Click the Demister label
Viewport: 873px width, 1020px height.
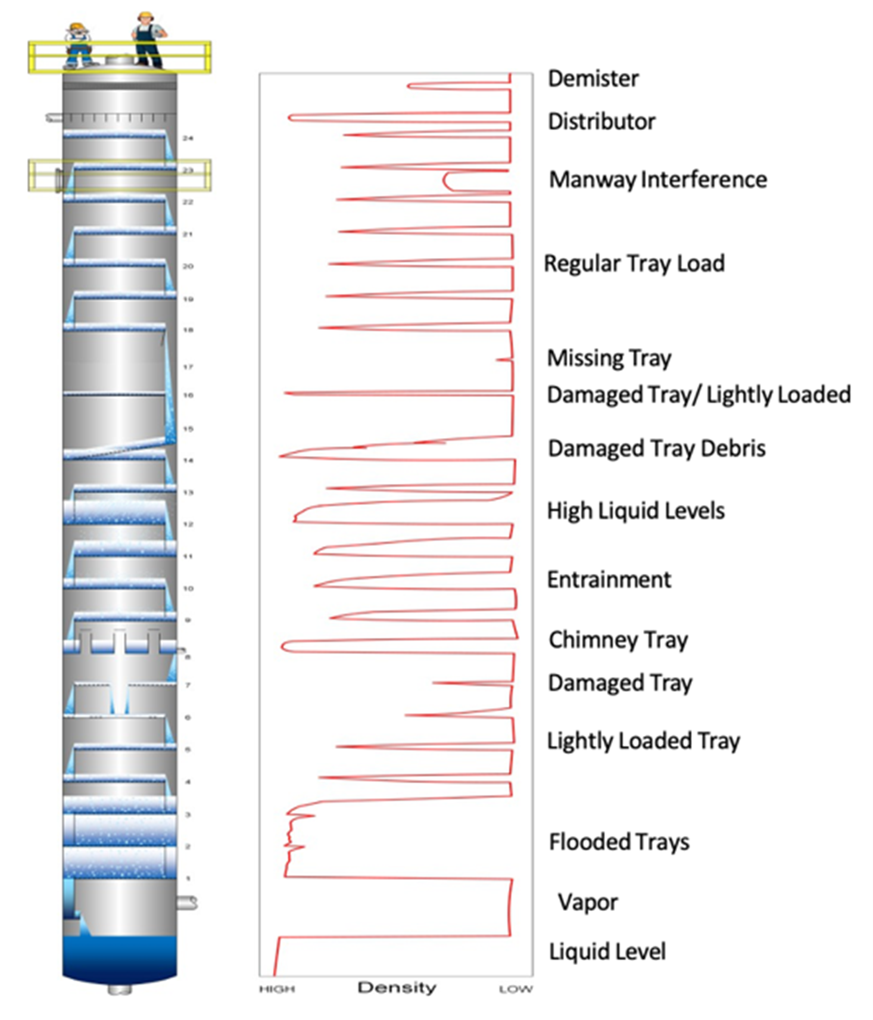click(x=593, y=79)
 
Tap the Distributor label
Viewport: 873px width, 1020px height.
click(x=601, y=122)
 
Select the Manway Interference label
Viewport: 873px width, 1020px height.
click(x=657, y=179)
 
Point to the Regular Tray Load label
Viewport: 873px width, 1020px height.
click(x=634, y=263)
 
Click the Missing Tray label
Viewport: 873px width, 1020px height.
click(x=609, y=358)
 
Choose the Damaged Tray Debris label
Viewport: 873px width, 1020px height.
click(x=656, y=449)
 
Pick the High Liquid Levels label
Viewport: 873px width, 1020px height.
click(x=635, y=511)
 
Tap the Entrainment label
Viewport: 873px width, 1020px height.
click(x=609, y=580)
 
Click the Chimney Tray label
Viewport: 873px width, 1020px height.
click(x=618, y=640)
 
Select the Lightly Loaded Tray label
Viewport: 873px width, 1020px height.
click(x=643, y=741)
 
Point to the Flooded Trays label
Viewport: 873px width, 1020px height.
click(x=619, y=842)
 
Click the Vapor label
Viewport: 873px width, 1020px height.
click(x=587, y=902)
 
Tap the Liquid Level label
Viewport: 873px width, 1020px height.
click(x=607, y=951)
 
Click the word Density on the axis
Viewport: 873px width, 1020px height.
click(x=397, y=988)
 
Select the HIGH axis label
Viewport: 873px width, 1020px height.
click(x=277, y=990)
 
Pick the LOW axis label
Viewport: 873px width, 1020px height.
click(x=515, y=990)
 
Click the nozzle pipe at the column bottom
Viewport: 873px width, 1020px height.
click(x=120, y=990)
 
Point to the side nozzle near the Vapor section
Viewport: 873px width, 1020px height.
click(x=187, y=903)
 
